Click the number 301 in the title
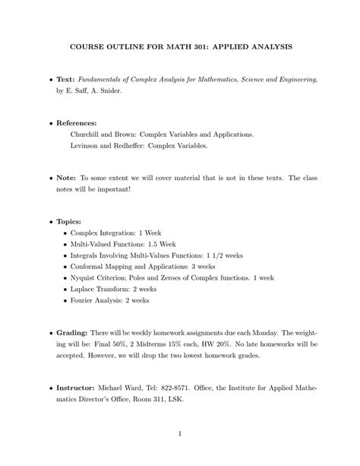[201, 46]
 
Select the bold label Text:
[70, 79]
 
